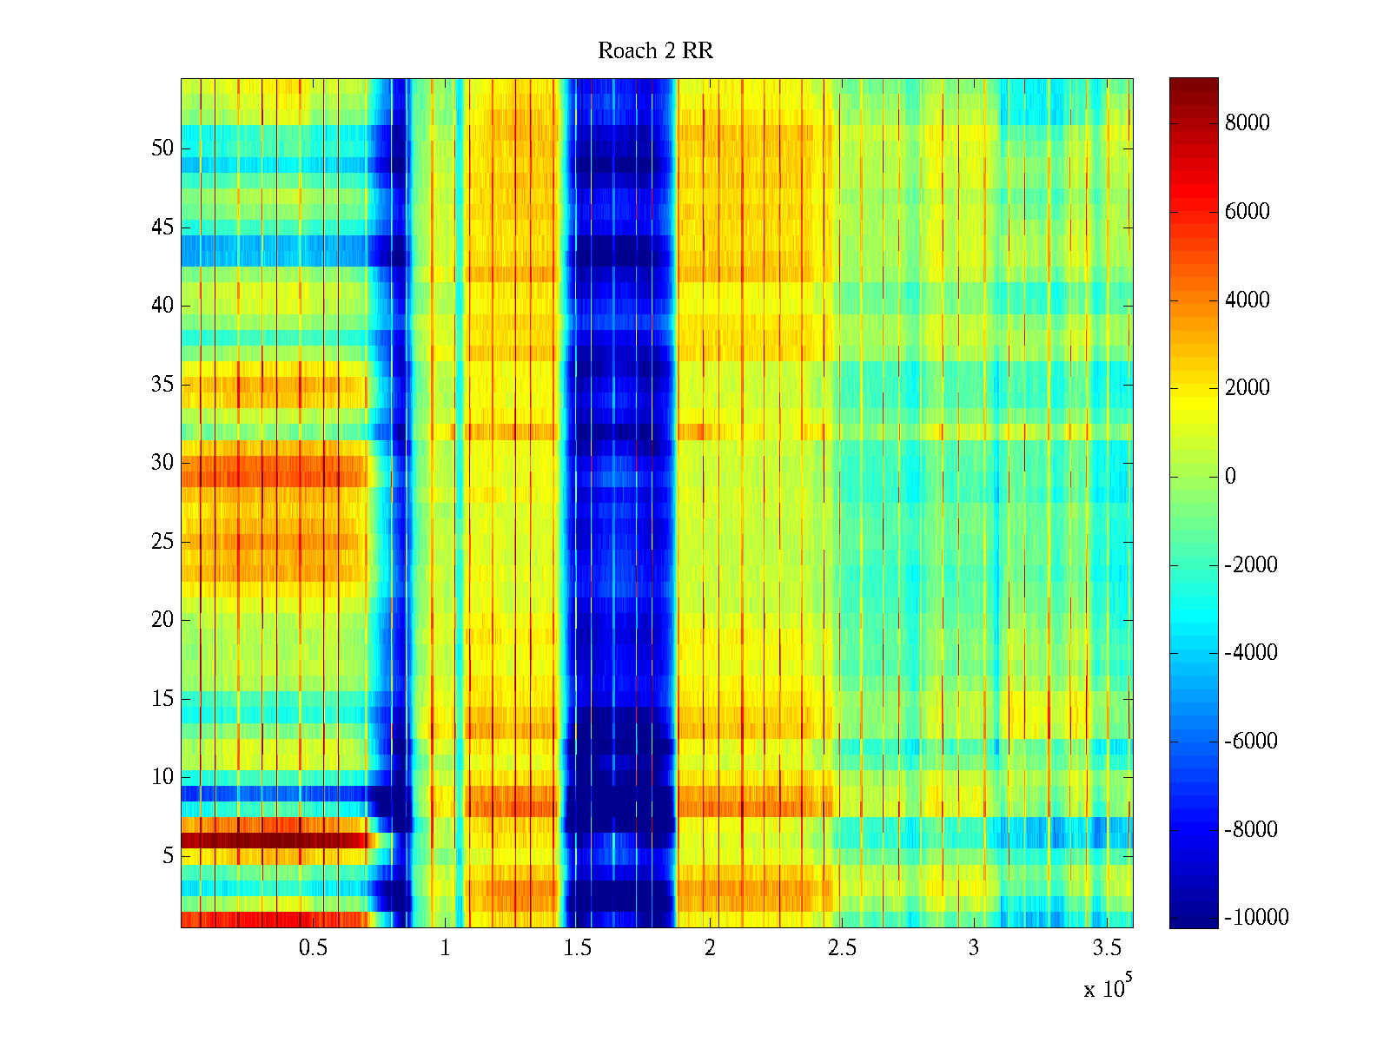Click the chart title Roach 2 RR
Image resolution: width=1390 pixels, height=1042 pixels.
pos(655,51)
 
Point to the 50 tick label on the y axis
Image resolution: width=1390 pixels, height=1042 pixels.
pos(162,148)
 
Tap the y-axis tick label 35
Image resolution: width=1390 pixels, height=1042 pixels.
pos(162,385)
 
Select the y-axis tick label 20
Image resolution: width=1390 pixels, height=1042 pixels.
pos(162,620)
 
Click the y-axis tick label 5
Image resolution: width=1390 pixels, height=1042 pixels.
pos(167,856)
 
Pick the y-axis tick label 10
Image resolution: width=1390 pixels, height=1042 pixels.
pos(162,777)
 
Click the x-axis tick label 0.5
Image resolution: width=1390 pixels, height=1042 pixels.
pos(313,948)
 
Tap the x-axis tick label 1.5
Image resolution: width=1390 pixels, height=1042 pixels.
pos(577,948)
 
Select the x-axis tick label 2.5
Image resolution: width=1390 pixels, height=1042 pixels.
pos(842,948)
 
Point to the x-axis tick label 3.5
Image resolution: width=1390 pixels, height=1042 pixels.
pos(1106,948)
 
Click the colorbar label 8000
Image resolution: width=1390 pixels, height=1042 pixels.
pos(1247,123)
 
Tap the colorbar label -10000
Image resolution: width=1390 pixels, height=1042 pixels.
pos(1256,918)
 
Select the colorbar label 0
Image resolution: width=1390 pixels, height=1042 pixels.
pos(1229,477)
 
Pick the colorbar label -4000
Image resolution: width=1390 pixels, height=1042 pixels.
pos(1251,653)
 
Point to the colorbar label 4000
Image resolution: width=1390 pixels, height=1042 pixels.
pos(1247,300)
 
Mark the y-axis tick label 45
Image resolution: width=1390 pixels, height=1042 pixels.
pos(162,228)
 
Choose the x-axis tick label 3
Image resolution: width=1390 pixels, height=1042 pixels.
pos(974,948)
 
